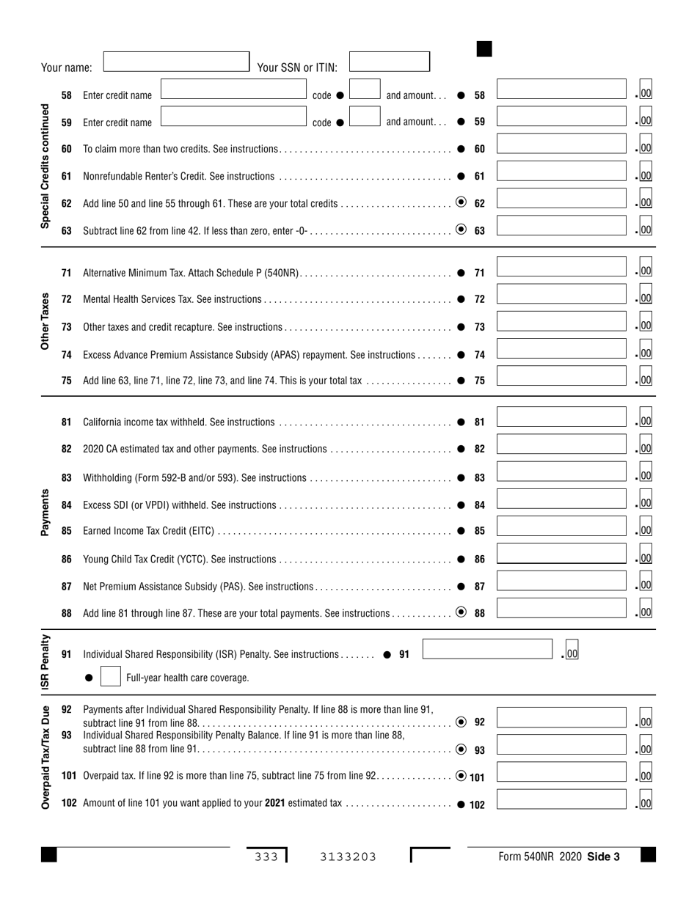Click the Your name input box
coord(176,61)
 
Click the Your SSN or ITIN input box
coord(389,61)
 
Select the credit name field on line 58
coord(233,89)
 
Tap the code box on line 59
coord(365,117)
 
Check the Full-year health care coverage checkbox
coord(110,677)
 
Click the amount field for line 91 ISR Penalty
coord(486,650)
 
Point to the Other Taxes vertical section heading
coord(45,321)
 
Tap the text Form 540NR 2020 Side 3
coord(559,856)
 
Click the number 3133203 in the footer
coord(348,856)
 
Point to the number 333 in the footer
coord(266,856)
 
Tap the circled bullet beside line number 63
coord(461,229)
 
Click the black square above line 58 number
coord(484,49)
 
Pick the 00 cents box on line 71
coord(646,271)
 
